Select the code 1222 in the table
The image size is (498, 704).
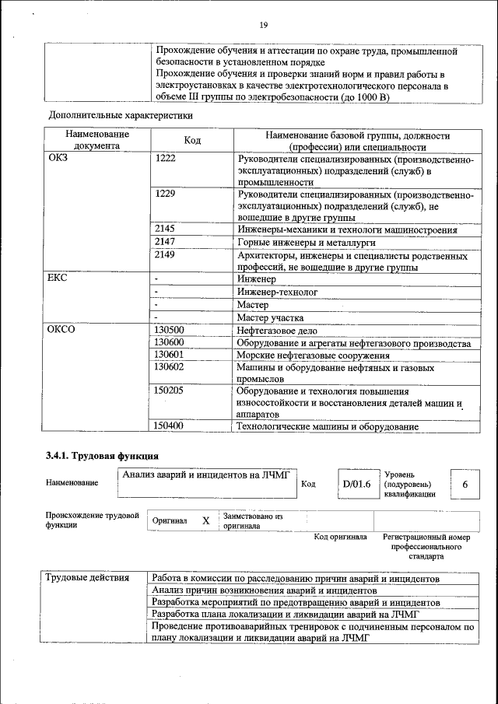click(166, 158)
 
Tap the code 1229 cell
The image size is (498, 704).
click(166, 194)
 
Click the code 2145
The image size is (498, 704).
click(166, 229)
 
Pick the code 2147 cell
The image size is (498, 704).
click(166, 243)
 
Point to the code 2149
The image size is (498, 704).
click(166, 255)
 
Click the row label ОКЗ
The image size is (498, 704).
click(58, 158)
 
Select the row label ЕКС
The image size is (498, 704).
click(58, 278)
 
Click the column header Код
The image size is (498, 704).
click(192, 140)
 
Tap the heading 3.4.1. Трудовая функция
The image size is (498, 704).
click(102, 455)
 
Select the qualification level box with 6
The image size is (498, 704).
click(465, 485)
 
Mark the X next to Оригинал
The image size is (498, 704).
click(205, 520)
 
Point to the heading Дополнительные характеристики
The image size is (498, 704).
click(121, 115)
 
